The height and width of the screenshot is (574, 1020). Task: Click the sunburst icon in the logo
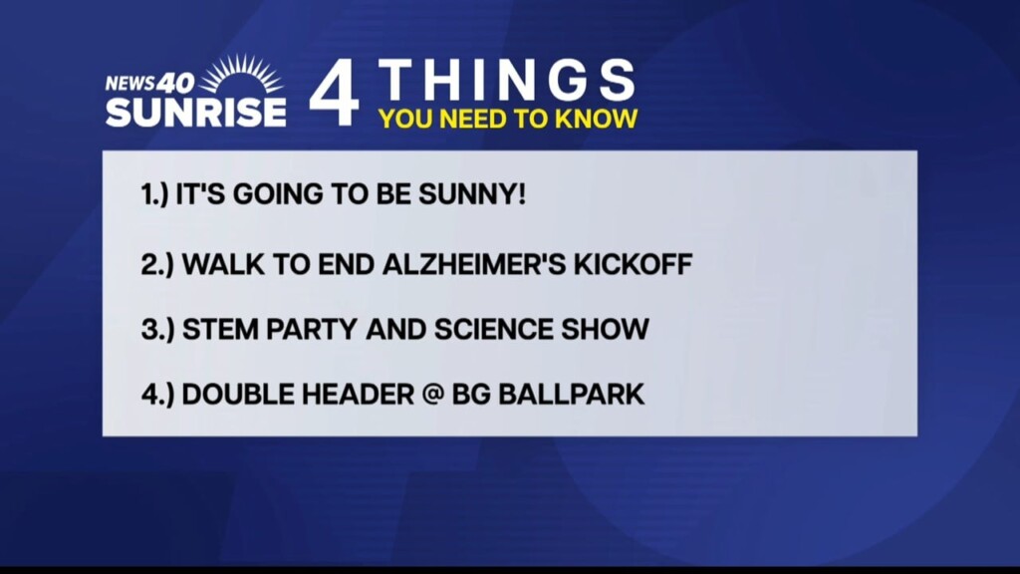tap(241, 74)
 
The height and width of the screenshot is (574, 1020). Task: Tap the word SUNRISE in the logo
tap(196, 112)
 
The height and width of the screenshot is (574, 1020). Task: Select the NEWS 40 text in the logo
tap(149, 83)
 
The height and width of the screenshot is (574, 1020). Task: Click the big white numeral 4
tap(335, 93)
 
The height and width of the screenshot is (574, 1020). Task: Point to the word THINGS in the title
tap(506, 80)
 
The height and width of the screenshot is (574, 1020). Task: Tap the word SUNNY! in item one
tap(471, 194)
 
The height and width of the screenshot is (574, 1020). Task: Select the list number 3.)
tap(158, 329)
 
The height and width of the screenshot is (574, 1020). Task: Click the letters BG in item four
tap(471, 395)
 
